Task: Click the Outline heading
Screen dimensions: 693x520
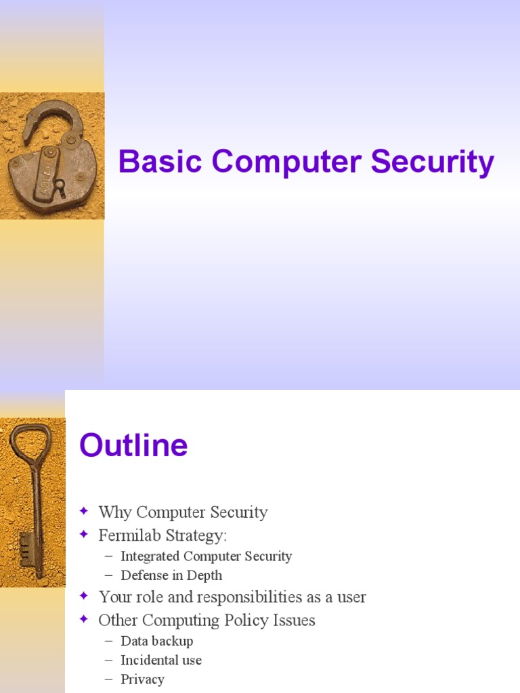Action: (133, 446)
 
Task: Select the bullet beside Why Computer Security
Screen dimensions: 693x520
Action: (84, 512)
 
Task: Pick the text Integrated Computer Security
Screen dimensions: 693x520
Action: (206, 556)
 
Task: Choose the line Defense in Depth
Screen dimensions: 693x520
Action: (171, 575)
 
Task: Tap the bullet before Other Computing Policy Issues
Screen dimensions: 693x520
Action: (84, 619)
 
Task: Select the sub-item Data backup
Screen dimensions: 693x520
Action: (156, 640)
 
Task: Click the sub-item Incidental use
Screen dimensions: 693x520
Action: (160, 660)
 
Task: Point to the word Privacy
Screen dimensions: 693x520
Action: (142, 679)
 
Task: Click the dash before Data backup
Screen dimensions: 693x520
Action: (110, 641)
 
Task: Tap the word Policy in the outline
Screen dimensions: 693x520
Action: (236, 620)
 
